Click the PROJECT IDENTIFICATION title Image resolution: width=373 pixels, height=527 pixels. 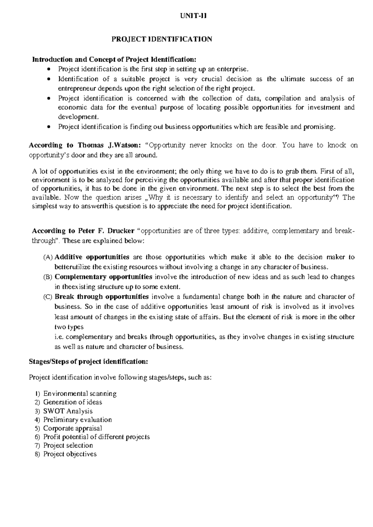point(162,39)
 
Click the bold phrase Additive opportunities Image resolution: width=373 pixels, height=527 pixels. point(92,257)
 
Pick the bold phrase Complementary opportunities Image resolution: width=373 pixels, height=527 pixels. point(103,277)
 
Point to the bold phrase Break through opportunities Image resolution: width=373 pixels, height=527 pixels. point(101,296)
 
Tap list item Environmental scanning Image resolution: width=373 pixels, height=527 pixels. point(80,394)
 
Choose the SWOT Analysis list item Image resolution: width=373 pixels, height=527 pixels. point(68,411)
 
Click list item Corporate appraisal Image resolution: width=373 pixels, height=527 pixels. point(72,428)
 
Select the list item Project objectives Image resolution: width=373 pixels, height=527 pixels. point(70,454)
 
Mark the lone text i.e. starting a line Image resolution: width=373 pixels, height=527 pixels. point(59,337)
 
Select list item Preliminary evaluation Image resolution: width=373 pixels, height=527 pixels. point(77,420)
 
